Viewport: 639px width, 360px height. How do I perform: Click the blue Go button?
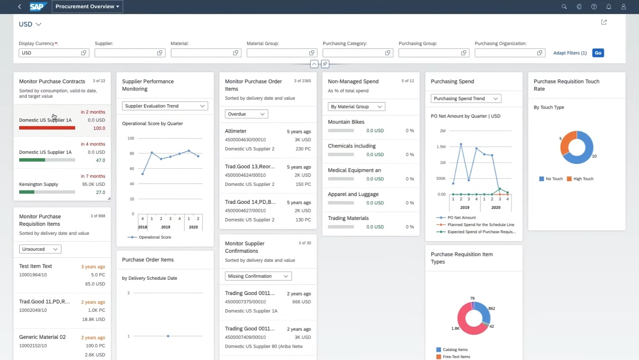(598, 53)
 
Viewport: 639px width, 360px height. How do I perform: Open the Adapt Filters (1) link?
(570, 53)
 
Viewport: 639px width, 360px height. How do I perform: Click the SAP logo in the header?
(38, 7)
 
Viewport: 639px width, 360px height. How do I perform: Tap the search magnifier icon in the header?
(564, 7)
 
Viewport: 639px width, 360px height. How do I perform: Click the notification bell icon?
(608, 7)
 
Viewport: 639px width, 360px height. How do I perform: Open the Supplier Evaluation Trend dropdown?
(165, 106)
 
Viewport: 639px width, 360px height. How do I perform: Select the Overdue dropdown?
(246, 114)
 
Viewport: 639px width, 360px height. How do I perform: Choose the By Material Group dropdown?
(356, 106)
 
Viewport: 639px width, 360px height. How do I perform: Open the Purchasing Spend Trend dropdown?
(466, 99)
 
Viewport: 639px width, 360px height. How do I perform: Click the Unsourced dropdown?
(40, 249)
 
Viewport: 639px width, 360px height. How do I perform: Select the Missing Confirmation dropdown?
(258, 276)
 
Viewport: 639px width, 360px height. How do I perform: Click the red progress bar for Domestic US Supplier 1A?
(47, 128)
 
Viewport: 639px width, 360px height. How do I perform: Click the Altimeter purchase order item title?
(236, 131)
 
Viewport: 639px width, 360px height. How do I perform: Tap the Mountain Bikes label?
(346, 122)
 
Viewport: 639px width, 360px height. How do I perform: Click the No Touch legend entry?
(551, 179)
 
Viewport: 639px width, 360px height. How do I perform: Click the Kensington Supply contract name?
(38, 184)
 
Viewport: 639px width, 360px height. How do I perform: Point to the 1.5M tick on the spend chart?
(441, 146)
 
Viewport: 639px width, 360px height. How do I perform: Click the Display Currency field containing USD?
(54, 53)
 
